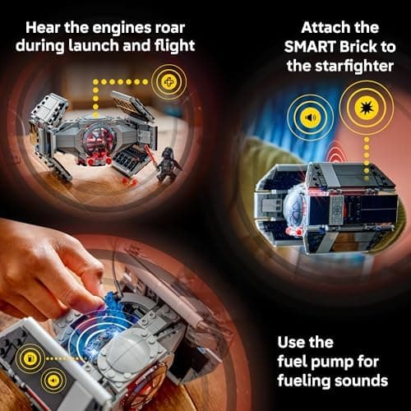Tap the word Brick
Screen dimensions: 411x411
coord(354,46)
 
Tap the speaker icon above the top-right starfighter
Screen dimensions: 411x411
coord(311,116)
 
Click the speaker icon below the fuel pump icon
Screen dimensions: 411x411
coord(53,380)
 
